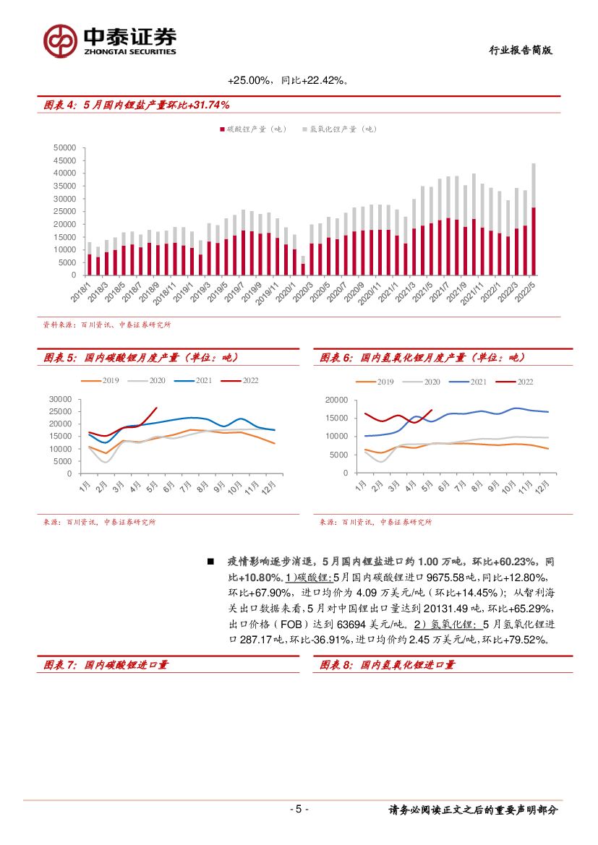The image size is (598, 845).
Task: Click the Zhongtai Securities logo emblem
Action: (x=60, y=41)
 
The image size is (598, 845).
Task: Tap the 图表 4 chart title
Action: (x=137, y=106)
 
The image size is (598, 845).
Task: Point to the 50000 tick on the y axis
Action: (x=65, y=147)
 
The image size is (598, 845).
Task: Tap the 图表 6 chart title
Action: (x=422, y=358)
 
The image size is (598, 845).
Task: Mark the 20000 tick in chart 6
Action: (x=337, y=400)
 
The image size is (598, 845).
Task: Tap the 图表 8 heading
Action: (x=388, y=665)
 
